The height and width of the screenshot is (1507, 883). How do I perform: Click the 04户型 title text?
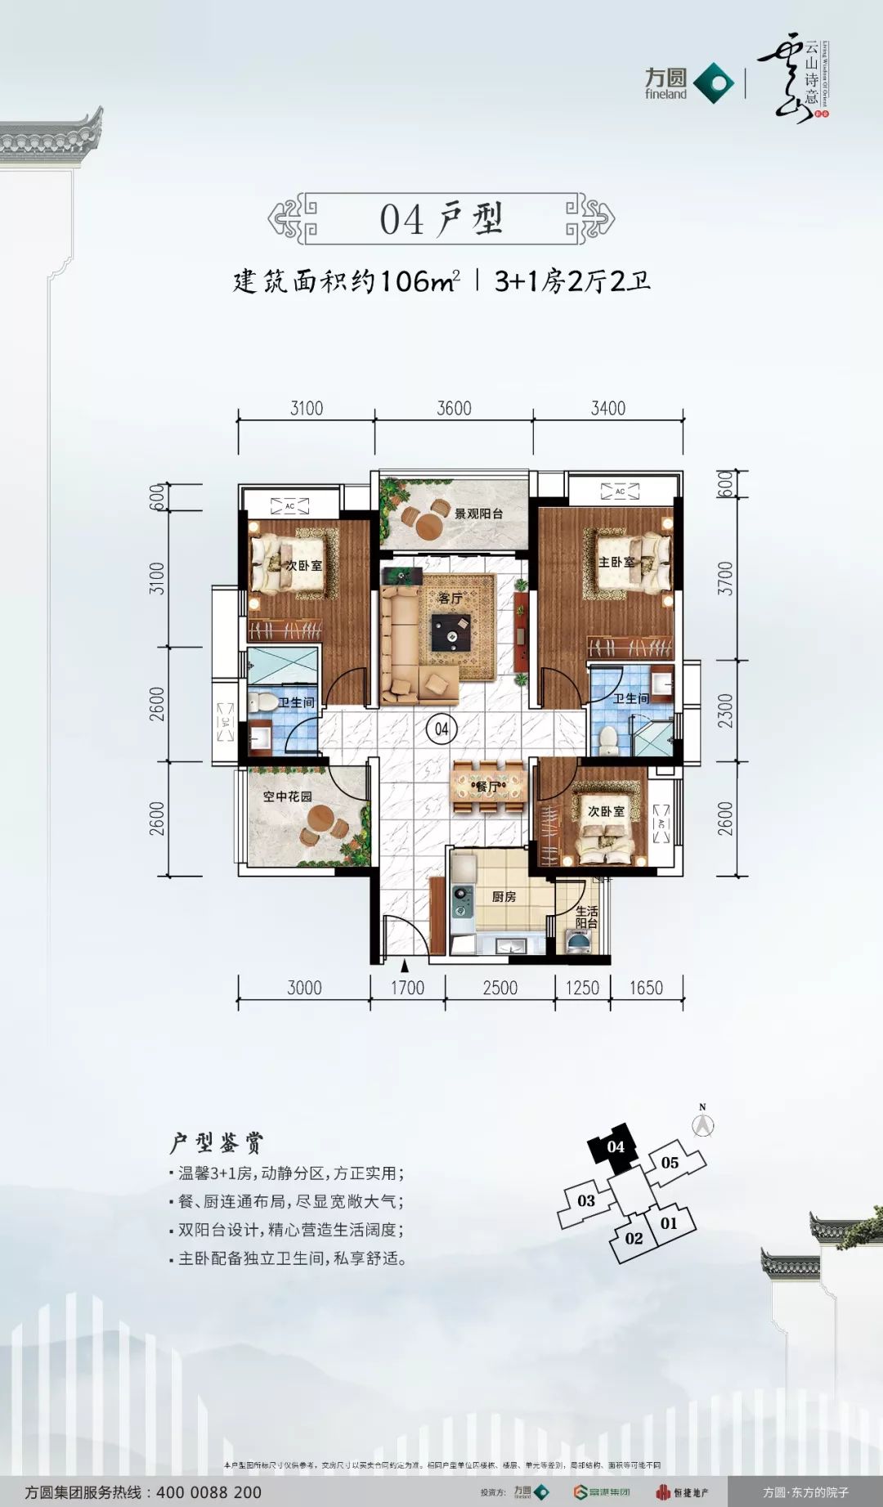pos(441,219)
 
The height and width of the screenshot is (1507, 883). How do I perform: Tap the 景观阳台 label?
pos(478,514)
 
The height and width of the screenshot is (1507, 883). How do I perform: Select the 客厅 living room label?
pos(450,599)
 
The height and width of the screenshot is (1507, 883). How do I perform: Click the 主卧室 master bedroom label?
pos(616,563)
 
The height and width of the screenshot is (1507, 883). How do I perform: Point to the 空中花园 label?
pos(287,796)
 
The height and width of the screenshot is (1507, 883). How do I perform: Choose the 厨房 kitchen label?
pos(504,896)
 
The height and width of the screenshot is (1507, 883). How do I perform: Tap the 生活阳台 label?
pos(586,917)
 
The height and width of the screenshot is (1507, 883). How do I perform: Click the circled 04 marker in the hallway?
pos(441,729)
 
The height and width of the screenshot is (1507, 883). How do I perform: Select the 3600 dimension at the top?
pos(454,408)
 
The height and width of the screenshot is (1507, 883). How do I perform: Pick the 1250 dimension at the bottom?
pos(582,988)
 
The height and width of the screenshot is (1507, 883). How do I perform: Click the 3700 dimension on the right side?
pos(725,577)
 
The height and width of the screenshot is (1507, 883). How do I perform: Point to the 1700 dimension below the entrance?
pos(407,988)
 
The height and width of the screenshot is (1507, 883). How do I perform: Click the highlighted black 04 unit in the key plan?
pos(615,1146)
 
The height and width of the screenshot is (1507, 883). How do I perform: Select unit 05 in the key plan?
pos(670,1162)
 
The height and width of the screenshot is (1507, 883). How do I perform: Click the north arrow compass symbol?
pos(702,1124)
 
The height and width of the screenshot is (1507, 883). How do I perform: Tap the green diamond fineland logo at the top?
pos(714,83)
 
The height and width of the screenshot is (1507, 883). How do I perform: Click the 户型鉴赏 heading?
pos(217,1142)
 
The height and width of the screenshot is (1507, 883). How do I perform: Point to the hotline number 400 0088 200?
pos(208,1492)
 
